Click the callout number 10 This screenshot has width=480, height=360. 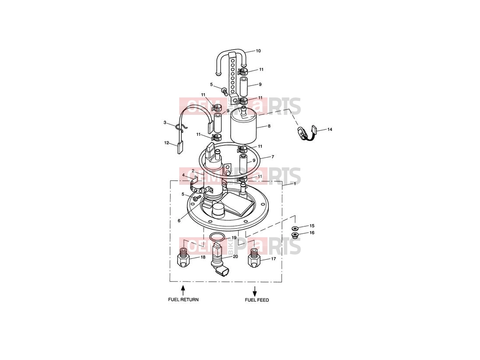click(258, 51)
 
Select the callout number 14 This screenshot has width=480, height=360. click(329, 129)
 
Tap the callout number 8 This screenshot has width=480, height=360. click(269, 126)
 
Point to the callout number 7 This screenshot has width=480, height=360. click(272, 157)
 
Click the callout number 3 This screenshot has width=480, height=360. click(165, 123)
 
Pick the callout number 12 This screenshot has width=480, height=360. click(167, 143)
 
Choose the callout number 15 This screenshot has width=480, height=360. click(312, 226)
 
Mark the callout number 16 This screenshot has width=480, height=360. click(312, 233)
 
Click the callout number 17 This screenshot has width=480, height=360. click(273, 259)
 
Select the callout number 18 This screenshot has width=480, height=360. click(203, 257)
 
